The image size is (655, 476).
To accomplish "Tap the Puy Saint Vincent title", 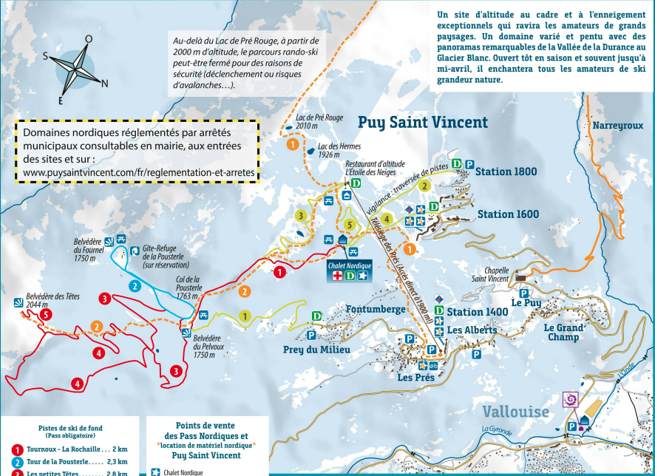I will [423, 123].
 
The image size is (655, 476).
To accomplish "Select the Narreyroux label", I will [617, 126].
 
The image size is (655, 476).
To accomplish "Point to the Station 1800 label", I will [506, 171].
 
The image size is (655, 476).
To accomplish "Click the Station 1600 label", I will [508, 214].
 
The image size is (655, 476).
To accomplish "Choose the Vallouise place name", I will [516, 412].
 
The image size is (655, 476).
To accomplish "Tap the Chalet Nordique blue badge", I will [350, 271].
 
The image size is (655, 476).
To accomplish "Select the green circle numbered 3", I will [300, 216].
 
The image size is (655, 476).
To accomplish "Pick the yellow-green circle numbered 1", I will [245, 316].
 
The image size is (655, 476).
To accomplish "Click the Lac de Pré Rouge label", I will [319, 121].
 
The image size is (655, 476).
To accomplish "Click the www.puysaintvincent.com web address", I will [134, 173].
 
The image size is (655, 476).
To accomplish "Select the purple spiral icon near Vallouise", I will [570, 399].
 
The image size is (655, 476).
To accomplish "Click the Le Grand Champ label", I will [565, 332].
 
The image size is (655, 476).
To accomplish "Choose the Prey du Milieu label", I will [316, 350].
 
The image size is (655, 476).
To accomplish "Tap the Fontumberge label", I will [376, 309].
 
